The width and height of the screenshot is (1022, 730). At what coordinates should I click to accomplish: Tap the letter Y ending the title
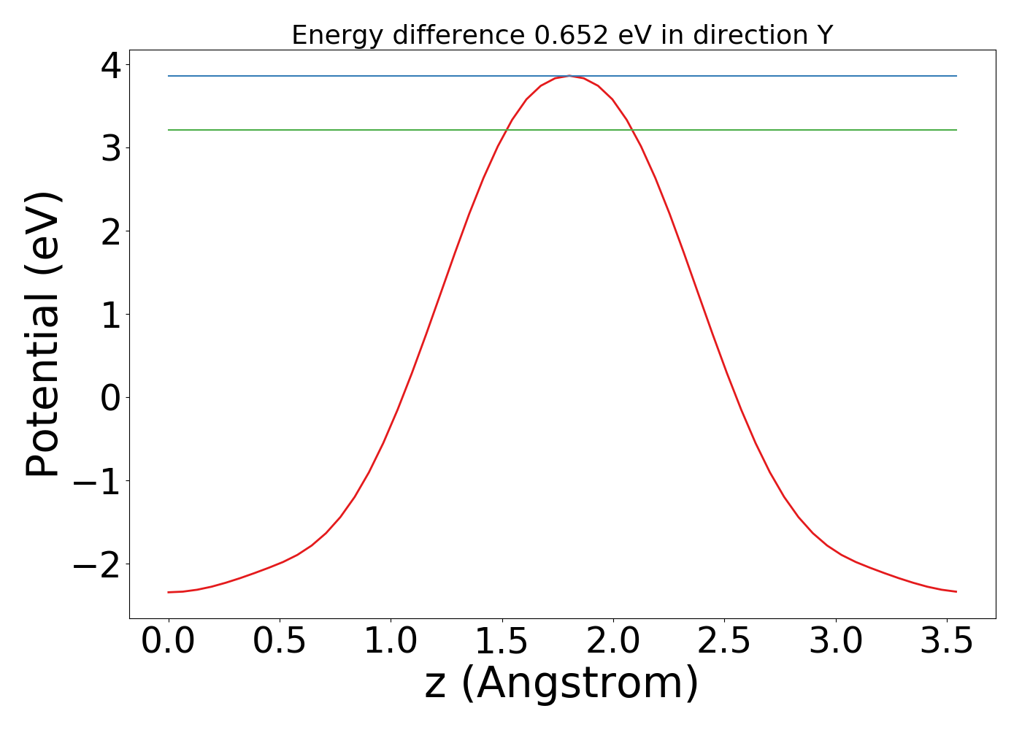point(825,35)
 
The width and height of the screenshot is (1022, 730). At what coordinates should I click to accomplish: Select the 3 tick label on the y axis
point(111,149)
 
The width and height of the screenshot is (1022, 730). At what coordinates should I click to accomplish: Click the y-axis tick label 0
point(111,398)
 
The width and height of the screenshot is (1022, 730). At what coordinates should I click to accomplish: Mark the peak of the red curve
point(569,76)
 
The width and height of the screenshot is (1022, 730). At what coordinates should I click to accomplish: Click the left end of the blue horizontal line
point(169,76)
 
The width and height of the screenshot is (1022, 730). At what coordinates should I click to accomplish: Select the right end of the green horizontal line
point(956,130)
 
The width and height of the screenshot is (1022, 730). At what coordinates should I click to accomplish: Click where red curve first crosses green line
point(505,130)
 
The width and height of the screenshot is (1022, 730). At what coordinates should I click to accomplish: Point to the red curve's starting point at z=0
point(169,592)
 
